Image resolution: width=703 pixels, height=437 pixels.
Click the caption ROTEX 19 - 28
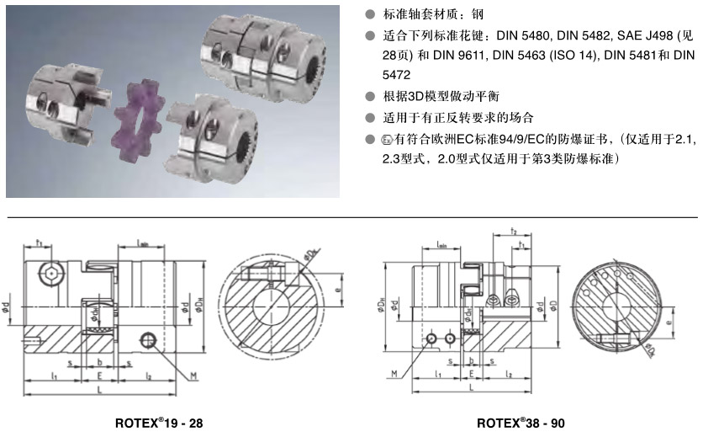click(x=158, y=424)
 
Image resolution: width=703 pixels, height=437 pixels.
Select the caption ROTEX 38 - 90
click(x=527, y=424)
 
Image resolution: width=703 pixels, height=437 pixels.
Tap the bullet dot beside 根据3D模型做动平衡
click(x=370, y=96)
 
